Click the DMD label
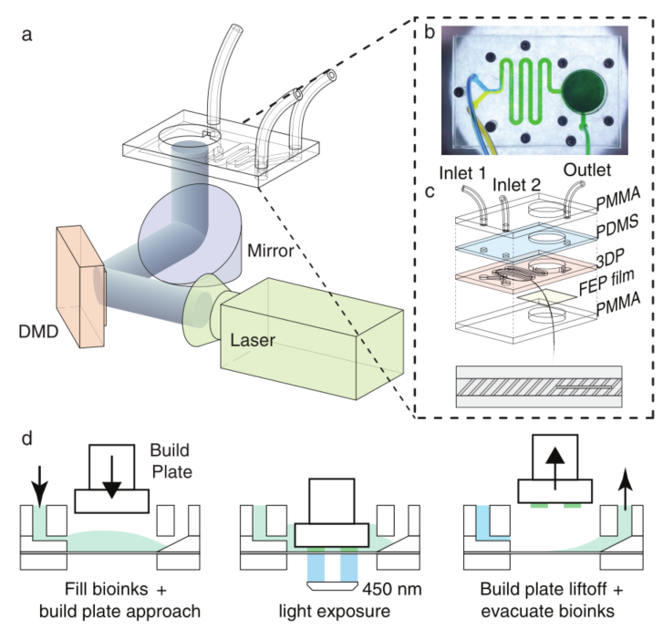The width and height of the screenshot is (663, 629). tap(38, 332)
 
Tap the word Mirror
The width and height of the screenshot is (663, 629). tap(271, 251)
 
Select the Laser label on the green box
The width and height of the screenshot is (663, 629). tap(253, 340)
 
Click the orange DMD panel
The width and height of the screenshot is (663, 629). tap(81, 286)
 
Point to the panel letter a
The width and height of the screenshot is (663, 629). tap(26, 35)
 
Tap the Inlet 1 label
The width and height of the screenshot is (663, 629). tap(462, 173)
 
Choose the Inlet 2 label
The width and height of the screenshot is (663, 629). tap(516, 185)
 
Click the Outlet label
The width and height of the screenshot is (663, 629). tap(587, 170)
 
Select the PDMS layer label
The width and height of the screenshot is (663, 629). tap(617, 227)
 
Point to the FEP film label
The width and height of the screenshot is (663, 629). tap(606, 282)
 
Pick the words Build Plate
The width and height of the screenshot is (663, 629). tap(171, 461)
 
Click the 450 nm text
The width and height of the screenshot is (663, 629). tap(392, 589)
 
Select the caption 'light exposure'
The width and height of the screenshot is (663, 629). tap(334, 612)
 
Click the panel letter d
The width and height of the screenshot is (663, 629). tap(27, 438)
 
